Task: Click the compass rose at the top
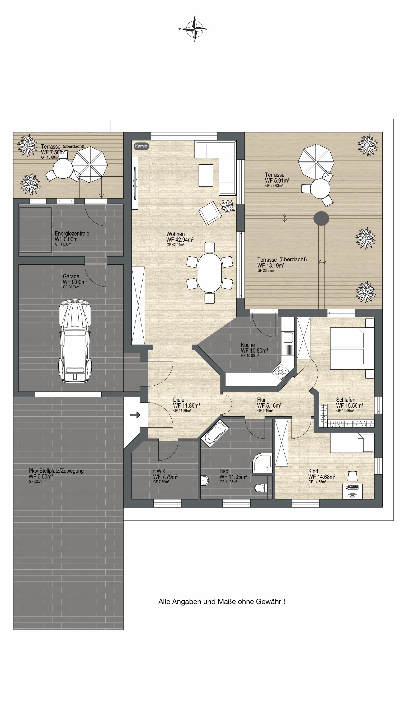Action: [x=194, y=29]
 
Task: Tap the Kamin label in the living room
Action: [x=141, y=146]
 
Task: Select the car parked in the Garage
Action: [x=75, y=341]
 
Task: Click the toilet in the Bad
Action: [x=261, y=487]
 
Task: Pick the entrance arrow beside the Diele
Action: [x=135, y=415]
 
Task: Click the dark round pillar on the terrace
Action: [x=321, y=218]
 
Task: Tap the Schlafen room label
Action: [x=345, y=400]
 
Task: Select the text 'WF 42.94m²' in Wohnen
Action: [x=180, y=239]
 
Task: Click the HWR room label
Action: [x=159, y=471]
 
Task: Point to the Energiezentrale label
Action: [x=72, y=234]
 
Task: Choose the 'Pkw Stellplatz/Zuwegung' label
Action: [x=56, y=471]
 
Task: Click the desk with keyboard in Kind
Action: [x=353, y=488]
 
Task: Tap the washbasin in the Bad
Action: [x=204, y=480]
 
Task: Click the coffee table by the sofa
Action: [x=206, y=176]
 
